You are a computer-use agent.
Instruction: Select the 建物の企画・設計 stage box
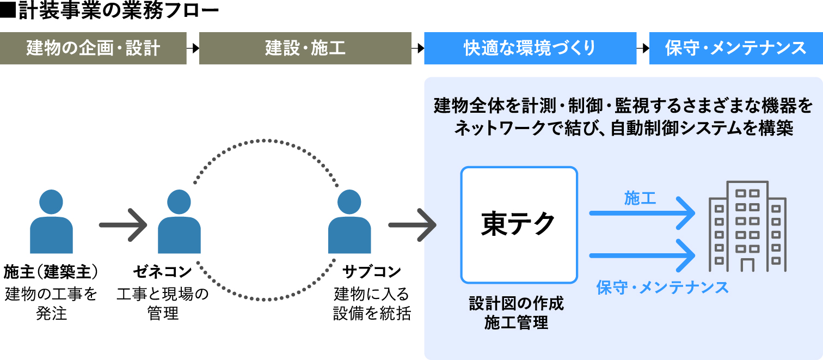(x=93, y=48)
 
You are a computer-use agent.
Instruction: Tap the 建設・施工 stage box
(x=305, y=48)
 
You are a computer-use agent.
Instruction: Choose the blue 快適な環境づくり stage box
(x=530, y=48)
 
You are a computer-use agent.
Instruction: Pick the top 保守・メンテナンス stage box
(x=735, y=48)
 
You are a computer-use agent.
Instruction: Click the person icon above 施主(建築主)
(x=51, y=221)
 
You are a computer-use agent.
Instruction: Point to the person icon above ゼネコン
(x=179, y=221)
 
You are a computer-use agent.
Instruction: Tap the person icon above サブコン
(x=349, y=221)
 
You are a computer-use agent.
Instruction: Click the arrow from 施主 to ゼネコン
(x=124, y=224)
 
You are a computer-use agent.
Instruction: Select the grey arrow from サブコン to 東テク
(x=413, y=224)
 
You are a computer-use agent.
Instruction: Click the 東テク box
(x=519, y=224)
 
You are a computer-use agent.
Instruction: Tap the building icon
(x=747, y=227)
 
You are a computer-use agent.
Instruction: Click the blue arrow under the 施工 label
(x=643, y=213)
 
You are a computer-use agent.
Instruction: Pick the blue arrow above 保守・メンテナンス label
(x=643, y=254)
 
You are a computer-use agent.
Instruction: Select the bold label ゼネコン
(x=163, y=271)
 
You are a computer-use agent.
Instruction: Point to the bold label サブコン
(x=372, y=271)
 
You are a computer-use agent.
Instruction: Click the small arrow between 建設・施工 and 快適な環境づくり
(x=417, y=48)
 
